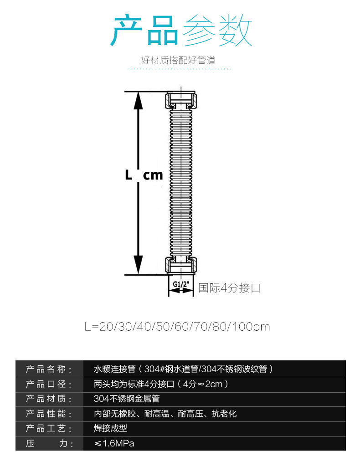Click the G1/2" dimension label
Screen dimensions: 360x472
[x=181, y=284]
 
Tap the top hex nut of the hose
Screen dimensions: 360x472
[x=181, y=100]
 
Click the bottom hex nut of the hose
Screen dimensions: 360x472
[x=181, y=265]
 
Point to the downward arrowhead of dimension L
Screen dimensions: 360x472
[x=138, y=265]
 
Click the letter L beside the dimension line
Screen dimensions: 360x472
[x=129, y=175]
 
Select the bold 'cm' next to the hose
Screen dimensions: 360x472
[x=153, y=175]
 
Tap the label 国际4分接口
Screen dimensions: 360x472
[x=229, y=288]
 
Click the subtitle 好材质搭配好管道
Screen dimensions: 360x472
[x=178, y=60]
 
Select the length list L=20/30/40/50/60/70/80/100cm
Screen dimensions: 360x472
[x=177, y=327]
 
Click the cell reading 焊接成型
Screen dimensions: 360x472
[x=110, y=429]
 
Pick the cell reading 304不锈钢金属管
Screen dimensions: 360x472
[x=127, y=399]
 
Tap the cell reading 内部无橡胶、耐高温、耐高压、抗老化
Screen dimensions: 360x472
[x=165, y=414]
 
